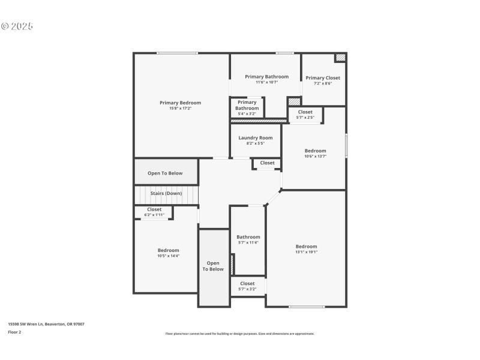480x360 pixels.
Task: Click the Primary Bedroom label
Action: (180, 103)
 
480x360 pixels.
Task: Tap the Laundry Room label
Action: (255, 138)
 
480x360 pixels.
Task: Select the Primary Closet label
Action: (323, 78)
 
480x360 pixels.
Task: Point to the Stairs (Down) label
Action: (166, 193)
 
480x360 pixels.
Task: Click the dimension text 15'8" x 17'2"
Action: (180, 109)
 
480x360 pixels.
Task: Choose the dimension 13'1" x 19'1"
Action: (306, 252)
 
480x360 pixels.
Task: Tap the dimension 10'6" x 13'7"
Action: (315, 157)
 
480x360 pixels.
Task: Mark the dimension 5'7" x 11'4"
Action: (248, 242)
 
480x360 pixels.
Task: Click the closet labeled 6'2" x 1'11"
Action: (154, 212)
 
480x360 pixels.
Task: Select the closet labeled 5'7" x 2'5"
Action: (305, 114)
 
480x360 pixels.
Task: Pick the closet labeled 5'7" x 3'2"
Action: (247, 286)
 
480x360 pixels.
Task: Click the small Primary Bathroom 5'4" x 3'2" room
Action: (247, 107)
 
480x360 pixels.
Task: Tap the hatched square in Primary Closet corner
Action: (340, 58)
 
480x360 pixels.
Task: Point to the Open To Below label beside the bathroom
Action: (213, 266)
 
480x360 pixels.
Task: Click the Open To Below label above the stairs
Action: (165, 173)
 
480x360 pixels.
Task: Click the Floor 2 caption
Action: (14, 332)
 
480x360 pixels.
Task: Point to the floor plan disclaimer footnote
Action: (240, 334)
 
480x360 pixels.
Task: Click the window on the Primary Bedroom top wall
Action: (177, 53)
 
